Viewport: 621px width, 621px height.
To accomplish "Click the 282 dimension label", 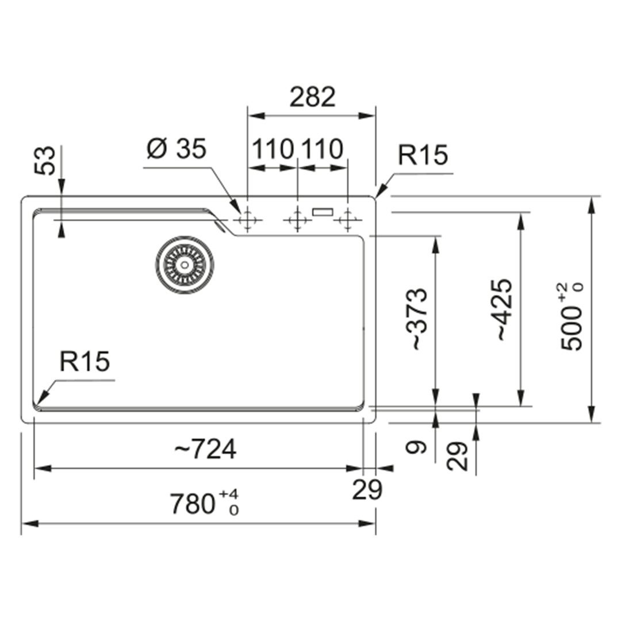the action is tap(312, 97).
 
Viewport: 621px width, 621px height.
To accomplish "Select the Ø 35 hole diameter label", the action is tap(177, 149).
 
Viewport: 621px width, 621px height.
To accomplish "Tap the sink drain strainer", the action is tap(184, 264).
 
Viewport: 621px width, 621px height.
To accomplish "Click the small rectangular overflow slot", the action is tap(323, 212).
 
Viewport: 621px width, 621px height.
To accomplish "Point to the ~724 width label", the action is tap(205, 449).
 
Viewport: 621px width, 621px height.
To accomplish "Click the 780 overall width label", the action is tap(205, 503).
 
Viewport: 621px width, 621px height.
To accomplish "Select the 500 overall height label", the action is tap(572, 316).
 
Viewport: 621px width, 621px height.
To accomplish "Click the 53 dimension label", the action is tap(45, 161).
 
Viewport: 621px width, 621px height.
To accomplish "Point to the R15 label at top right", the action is tap(423, 155).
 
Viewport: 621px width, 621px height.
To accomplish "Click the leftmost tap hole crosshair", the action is tap(247, 220).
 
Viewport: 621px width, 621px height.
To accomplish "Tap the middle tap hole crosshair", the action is tap(297, 220).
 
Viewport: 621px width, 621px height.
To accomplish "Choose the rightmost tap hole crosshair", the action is tap(348, 220).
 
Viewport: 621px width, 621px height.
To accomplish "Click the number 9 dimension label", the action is tap(416, 447).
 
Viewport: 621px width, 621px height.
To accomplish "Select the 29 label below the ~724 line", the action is tap(367, 489).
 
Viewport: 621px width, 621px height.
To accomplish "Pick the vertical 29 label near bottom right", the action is tap(457, 456).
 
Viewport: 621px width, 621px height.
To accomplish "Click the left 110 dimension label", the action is tap(273, 149).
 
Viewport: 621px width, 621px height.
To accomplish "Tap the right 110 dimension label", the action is tap(323, 149).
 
